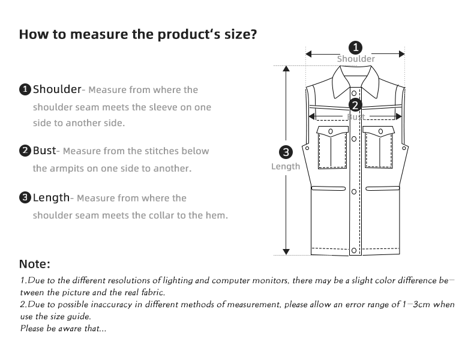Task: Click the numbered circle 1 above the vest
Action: (x=356, y=47)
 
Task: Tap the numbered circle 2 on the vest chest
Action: (x=355, y=106)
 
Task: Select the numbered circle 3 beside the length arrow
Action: (x=286, y=152)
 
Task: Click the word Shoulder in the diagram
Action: (x=356, y=59)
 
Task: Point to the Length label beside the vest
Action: (x=286, y=166)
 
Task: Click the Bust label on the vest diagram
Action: (x=356, y=117)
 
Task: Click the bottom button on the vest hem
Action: (x=355, y=250)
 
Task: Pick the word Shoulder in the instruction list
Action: (x=57, y=89)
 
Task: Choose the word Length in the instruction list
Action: (x=52, y=197)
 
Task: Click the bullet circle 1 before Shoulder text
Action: (x=25, y=90)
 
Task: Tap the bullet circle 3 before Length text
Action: (x=25, y=198)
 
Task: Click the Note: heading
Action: (x=35, y=264)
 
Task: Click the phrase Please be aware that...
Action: (x=64, y=328)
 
